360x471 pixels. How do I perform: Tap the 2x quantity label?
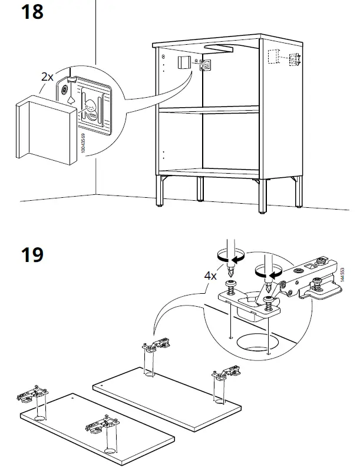pyautogui.click(x=47, y=77)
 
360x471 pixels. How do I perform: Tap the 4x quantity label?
pyautogui.click(x=211, y=276)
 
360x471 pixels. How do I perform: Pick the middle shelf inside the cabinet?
pyautogui.click(x=209, y=110)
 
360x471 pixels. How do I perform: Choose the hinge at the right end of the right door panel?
pyautogui.click(x=226, y=373)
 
